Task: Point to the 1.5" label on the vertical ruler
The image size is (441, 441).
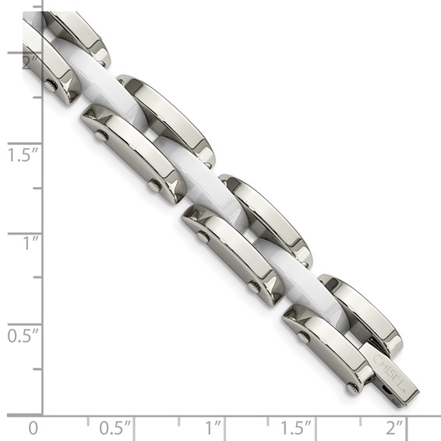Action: point(23,155)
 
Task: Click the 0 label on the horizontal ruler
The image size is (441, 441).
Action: point(33,428)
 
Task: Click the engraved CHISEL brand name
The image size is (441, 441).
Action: point(390,369)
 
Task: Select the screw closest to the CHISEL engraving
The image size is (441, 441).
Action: point(353,386)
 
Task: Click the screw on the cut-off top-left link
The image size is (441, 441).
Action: point(51,84)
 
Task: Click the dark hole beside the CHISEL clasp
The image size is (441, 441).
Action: point(383,387)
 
